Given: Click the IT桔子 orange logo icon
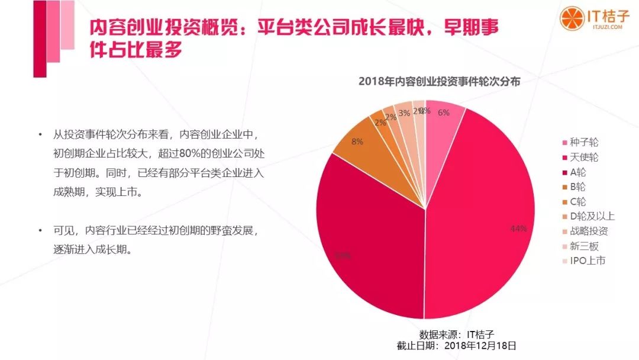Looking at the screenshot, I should [x=571, y=18].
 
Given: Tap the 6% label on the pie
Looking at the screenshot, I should [x=444, y=112].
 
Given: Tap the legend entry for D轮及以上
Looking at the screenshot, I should [x=589, y=216].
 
